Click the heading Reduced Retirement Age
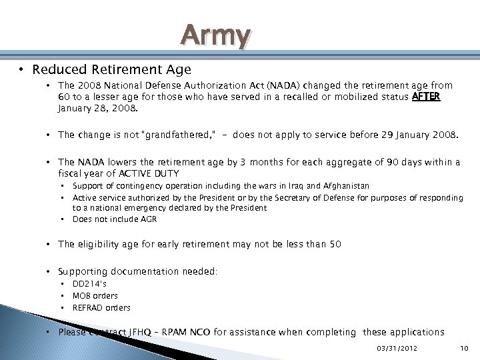(x=111, y=69)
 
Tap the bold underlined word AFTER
(x=426, y=96)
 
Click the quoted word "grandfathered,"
(x=176, y=135)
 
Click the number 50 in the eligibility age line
(x=335, y=244)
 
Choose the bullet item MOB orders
(x=95, y=296)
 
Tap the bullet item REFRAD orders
(x=101, y=308)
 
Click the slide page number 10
(x=464, y=348)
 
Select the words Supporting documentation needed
(x=137, y=271)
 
